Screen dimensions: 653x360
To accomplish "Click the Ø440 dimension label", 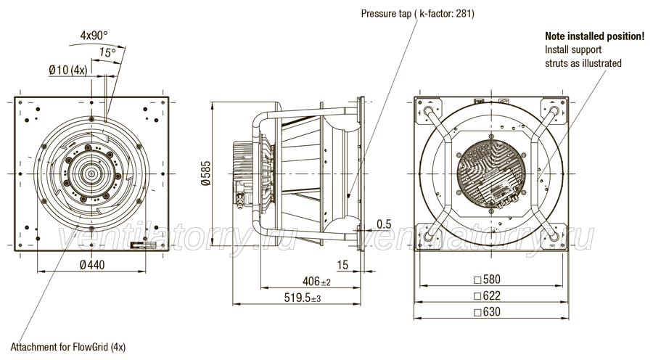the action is click(92, 265).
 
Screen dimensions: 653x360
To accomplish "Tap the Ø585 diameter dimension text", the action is click(206, 173).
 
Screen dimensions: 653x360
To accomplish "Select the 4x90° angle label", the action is click(94, 36).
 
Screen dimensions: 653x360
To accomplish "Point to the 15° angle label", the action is click(107, 52).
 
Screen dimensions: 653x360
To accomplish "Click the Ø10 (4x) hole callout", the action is click(68, 70).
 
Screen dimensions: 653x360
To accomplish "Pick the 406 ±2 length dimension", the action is click(316, 282).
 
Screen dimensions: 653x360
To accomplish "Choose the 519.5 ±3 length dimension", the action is click(303, 298).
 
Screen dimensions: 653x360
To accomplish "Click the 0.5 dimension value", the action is click(384, 224).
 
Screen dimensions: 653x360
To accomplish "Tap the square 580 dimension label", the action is click(488, 279).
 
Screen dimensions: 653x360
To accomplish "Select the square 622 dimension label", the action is click(488, 295).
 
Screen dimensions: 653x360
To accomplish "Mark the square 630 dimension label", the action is click(488, 311).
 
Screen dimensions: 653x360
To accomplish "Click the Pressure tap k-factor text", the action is click(418, 14).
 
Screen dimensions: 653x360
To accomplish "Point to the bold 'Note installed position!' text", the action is click(595, 36).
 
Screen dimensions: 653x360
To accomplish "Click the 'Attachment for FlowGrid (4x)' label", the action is click(68, 347).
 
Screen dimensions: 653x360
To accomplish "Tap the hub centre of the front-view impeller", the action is click(91, 173).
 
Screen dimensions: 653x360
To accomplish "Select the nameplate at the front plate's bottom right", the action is click(142, 245).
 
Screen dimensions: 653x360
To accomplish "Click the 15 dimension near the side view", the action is click(342, 265).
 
